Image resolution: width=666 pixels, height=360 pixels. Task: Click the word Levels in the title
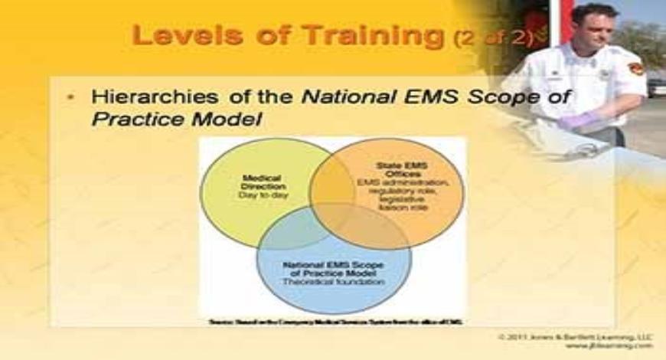(178, 35)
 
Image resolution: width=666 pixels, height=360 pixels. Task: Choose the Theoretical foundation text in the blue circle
(335, 282)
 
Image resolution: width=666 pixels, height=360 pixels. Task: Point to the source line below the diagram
(335, 322)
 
